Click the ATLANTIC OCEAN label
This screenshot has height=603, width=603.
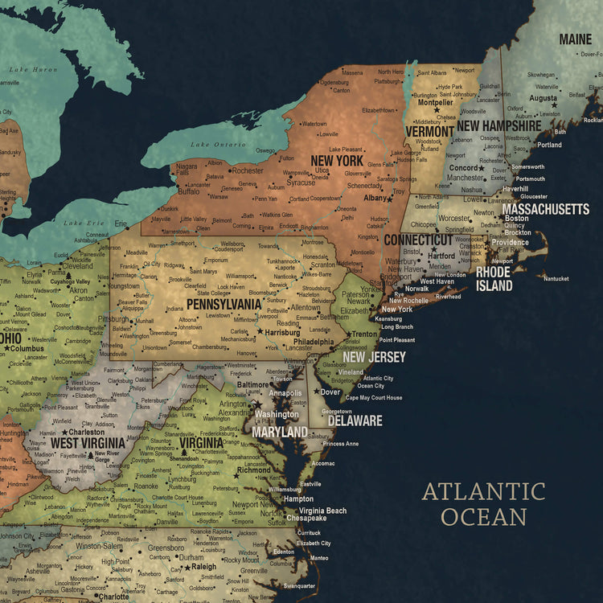coord(483,503)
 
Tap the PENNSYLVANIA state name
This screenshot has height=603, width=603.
coord(224,305)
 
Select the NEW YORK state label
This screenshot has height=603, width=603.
coord(337,160)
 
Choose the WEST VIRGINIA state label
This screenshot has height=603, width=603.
coord(88,442)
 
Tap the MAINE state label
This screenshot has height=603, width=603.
coord(575,39)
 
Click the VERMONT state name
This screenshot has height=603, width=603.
coord(429,131)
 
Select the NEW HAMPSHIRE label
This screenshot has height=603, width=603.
coord(498,125)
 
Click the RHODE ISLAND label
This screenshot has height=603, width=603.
coord(494,279)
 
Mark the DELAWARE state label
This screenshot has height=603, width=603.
coord(355,420)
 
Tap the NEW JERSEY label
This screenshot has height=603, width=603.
coord(374,357)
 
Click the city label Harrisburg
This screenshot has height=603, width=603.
coord(282,331)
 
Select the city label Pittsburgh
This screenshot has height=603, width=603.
coord(113,319)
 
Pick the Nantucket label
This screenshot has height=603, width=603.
coord(556,279)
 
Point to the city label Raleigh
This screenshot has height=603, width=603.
coord(203,567)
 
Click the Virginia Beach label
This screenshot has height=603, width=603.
coord(322,511)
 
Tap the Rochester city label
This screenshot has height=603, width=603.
coord(247,170)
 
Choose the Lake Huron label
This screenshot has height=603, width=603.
coord(34,70)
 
